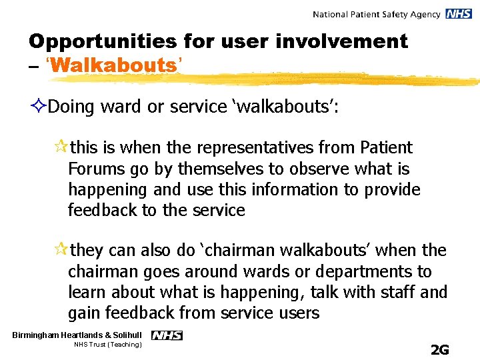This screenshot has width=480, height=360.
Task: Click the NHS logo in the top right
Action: [459, 14]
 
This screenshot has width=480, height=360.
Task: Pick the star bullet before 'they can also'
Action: [61, 251]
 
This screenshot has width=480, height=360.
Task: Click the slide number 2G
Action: [440, 349]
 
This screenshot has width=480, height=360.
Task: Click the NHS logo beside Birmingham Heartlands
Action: [167, 335]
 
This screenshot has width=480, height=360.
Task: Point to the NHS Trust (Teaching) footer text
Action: [107, 345]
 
